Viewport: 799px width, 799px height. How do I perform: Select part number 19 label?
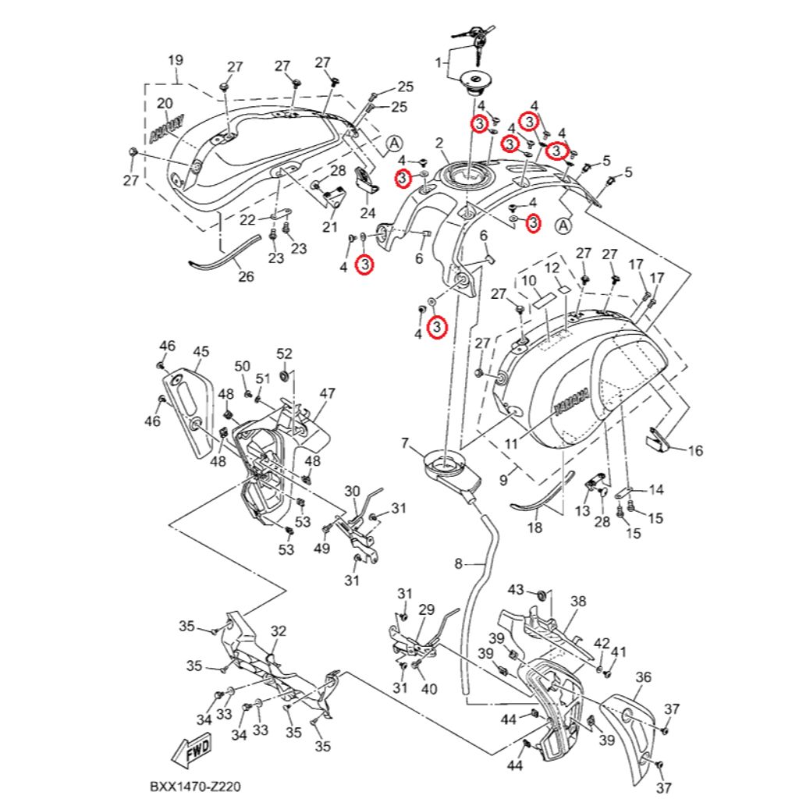(x=176, y=60)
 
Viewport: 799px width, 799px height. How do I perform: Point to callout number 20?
(x=165, y=104)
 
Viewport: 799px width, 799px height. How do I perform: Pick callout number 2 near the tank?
(x=439, y=143)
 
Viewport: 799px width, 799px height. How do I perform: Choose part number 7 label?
(x=405, y=443)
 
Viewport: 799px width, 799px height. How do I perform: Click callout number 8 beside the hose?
(x=458, y=563)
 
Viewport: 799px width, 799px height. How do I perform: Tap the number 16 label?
(x=695, y=450)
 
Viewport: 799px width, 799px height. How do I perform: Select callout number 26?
(x=246, y=276)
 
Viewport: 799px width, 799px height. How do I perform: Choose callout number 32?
(x=279, y=630)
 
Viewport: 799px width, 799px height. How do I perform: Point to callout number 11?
(x=511, y=444)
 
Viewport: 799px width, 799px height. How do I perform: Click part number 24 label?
(x=368, y=212)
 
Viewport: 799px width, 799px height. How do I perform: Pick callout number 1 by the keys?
(x=439, y=62)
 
